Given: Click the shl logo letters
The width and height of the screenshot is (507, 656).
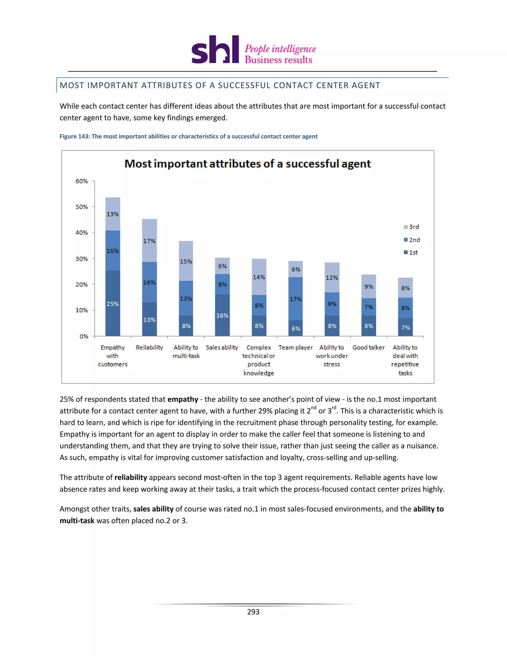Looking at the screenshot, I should pos(215,50).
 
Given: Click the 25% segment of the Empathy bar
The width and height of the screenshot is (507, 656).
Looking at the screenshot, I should pos(113,303).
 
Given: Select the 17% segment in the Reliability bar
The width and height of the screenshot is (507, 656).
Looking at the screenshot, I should pos(149,241).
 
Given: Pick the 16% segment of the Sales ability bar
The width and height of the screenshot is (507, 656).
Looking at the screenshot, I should pos(222,315).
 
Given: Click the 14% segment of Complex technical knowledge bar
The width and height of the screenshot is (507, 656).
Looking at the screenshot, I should pos(259,277).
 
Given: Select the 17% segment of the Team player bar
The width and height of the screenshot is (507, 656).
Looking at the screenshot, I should pos(296,299).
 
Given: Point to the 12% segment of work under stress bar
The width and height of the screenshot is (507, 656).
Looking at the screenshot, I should pos(332,277).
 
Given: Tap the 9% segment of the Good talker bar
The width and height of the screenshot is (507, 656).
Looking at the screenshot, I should pos(369,286).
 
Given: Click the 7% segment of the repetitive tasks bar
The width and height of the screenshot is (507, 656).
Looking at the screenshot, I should pos(405,327).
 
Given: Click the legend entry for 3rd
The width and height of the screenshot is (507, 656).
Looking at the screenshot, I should pos(411,227).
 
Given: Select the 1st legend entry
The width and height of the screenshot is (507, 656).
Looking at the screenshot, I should pos(411,252).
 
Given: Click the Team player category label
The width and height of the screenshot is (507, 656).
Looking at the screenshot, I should pos(296,348).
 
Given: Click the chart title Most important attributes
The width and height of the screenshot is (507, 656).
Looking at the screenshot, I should pos(248,164).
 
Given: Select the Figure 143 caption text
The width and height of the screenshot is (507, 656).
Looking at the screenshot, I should pos(188,136).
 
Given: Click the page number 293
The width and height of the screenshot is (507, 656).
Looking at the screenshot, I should pos(253,612).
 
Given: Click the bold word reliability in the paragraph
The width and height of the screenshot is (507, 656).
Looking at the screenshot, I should pos(131,478).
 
